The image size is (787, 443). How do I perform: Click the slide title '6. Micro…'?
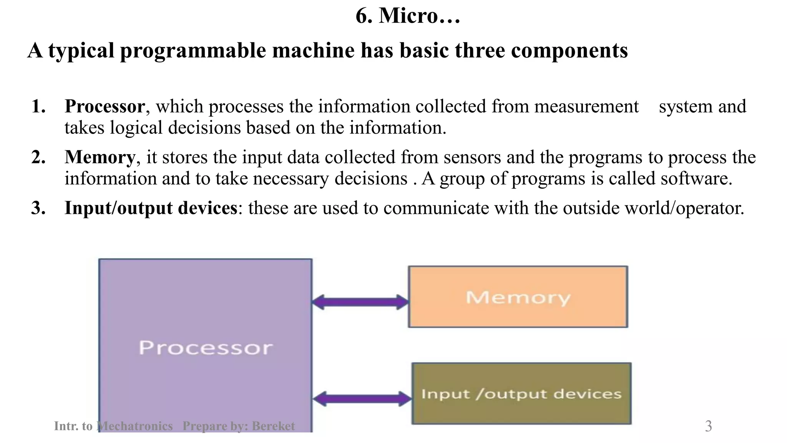[407, 16]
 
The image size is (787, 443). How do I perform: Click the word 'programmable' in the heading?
[193, 51]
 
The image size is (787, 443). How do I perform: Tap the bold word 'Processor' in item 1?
[105, 107]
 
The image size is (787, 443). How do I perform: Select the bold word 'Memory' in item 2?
[100, 157]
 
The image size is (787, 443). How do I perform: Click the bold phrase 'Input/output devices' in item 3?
[151, 208]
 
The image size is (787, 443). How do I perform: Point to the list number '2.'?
[38, 157]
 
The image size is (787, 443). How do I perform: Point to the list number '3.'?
[38, 208]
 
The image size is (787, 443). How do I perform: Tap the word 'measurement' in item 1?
[586, 107]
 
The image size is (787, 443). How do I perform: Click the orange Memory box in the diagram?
[518, 297]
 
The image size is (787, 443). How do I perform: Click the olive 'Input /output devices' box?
[521, 393]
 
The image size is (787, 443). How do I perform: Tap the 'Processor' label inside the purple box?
[206, 348]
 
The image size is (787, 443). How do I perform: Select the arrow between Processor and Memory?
[360, 302]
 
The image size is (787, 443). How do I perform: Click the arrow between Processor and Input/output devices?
[362, 399]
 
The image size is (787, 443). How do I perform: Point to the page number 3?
[708, 426]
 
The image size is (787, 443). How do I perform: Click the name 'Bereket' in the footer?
[273, 426]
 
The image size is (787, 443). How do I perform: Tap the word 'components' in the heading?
[569, 51]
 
